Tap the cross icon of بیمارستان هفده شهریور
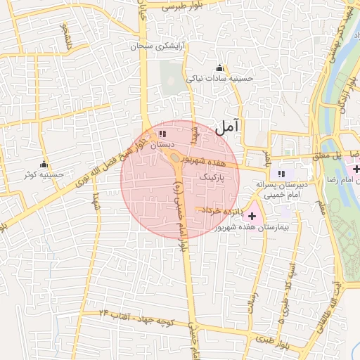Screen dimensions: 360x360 pyautogui.click(x=252, y=215)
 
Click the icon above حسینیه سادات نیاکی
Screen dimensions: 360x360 pyautogui.click(x=219, y=68)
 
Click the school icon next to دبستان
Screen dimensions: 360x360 pyautogui.click(x=163, y=133)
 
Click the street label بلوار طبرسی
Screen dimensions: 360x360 pyautogui.click(x=181, y=6)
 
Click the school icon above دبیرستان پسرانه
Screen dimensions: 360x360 pyautogui.click(x=282, y=173)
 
